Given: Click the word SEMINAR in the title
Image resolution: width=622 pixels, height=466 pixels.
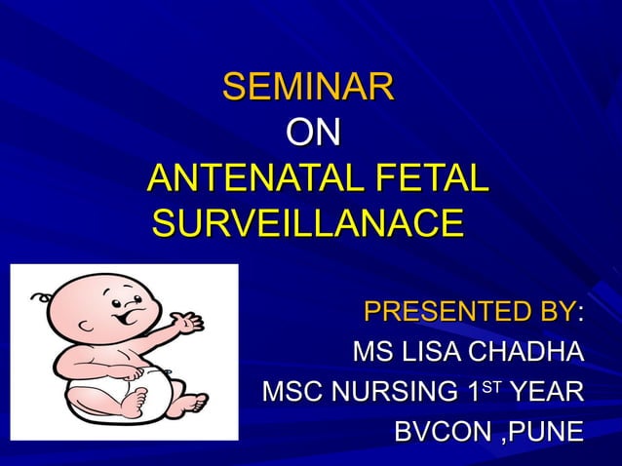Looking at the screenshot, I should [308, 88].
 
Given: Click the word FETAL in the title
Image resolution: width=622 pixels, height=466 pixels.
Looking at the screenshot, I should [426, 178].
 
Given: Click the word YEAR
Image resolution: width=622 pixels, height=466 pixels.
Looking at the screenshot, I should [548, 392].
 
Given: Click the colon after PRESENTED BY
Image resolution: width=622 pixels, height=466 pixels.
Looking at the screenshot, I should [581, 314].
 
